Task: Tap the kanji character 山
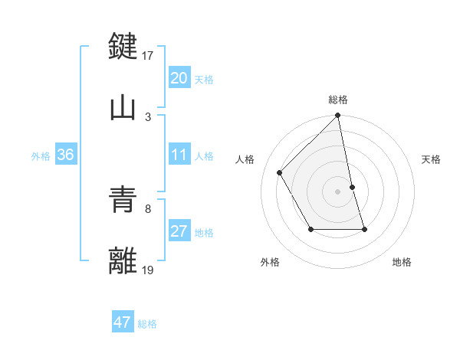point(123,107)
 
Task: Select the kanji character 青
point(123,200)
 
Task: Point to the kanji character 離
point(123,261)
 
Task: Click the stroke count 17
point(149,56)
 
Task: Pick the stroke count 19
point(149,270)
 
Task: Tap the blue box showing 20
point(179,78)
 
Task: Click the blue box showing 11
point(179,155)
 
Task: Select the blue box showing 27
point(179,232)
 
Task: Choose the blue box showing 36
point(65,155)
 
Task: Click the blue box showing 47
point(123,322)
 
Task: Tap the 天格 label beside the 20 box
point(204,79)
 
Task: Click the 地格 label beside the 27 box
point(204,233)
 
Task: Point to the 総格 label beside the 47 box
point(147,323)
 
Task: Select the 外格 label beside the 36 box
point(41,156)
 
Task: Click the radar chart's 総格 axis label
point(338,100)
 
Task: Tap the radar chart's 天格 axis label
point(431,159)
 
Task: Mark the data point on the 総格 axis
point(338,116)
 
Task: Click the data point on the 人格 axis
point(280,172)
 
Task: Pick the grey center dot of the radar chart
point(338,191)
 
